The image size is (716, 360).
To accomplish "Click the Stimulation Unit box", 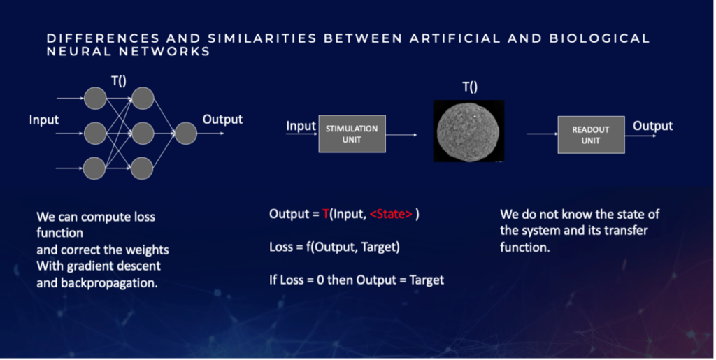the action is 352,134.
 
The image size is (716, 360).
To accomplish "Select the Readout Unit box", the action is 591,135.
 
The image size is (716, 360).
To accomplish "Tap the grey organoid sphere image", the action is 468,131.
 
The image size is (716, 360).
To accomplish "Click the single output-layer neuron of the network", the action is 186,134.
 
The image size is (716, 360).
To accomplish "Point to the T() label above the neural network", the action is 119,81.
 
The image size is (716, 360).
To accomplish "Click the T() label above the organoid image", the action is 470,87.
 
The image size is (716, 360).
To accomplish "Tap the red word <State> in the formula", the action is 391,213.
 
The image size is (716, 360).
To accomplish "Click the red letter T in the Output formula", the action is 326,213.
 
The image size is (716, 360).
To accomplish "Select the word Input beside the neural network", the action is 44,120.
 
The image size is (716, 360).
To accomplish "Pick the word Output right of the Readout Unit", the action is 652,126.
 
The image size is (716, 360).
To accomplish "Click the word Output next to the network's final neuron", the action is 222,120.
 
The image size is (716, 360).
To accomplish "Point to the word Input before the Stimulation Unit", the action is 301,127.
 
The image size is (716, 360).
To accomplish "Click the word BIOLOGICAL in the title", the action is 599,38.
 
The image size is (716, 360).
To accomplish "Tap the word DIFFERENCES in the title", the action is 103,38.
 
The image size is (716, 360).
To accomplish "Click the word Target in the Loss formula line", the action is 380,247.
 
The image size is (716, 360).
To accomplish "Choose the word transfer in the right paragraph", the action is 626,231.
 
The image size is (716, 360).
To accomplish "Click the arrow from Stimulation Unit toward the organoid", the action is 401,135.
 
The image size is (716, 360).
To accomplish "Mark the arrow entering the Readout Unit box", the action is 542,134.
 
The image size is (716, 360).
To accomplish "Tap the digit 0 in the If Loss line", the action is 320,280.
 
